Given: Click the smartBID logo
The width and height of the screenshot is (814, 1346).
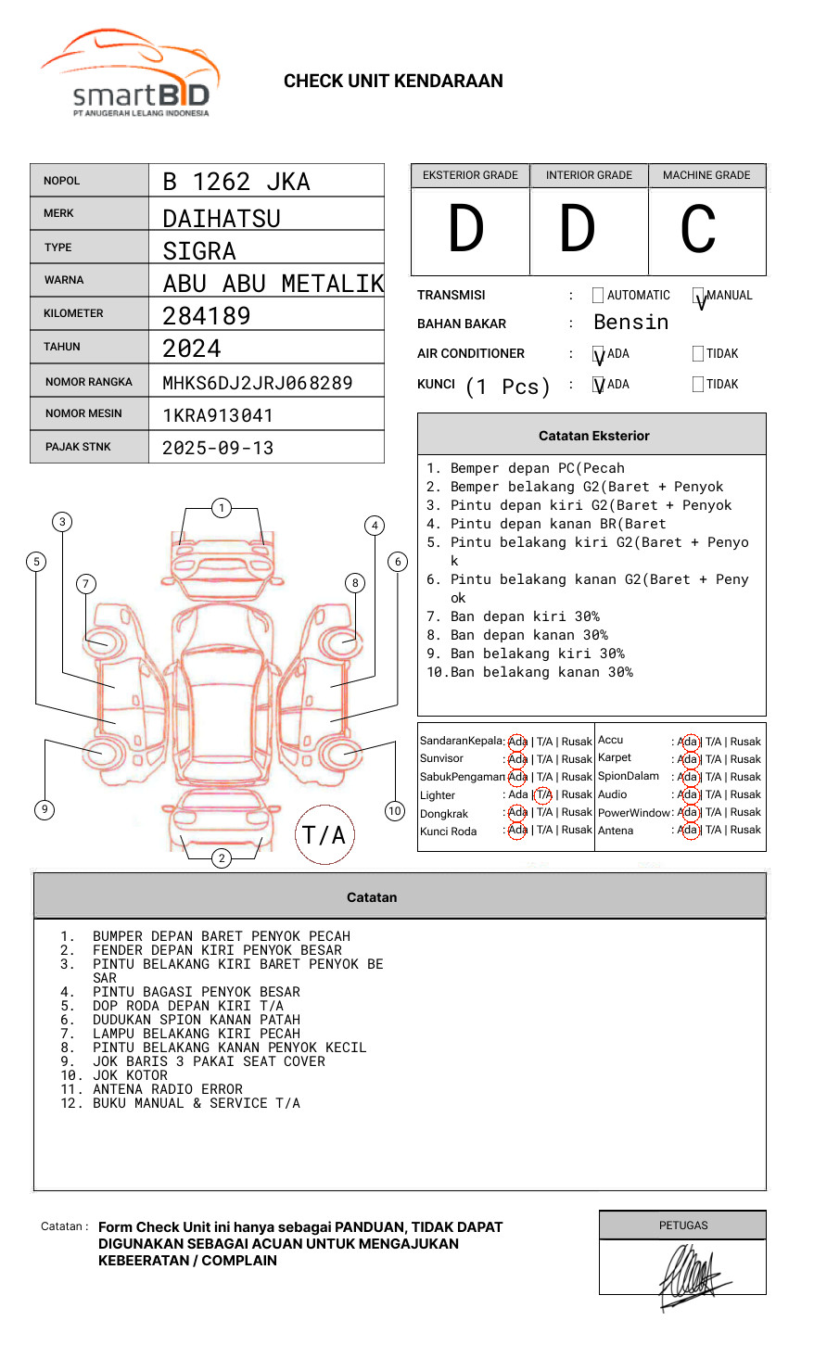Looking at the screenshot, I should click(130, 74).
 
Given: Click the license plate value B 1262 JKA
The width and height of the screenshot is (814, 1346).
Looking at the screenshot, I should click(236, 182).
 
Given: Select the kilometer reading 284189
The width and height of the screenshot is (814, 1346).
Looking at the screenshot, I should click(207, 316).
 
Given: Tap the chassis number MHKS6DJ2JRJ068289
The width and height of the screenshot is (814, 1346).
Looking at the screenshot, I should click(258, 383).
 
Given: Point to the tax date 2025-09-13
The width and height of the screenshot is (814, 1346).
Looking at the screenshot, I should click(218, 448).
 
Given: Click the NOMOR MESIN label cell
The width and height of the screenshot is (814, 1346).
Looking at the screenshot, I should click(89, 413).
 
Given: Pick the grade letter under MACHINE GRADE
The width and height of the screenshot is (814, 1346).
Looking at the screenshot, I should click(698, 229).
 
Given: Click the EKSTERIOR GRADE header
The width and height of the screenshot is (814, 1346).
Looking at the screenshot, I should click(470, 175).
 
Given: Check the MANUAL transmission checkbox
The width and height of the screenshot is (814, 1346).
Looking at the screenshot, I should click(698, 297).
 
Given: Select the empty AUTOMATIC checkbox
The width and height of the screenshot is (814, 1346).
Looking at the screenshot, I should click(598, 296).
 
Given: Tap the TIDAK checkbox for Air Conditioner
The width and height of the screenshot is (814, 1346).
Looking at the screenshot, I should click(698, 354).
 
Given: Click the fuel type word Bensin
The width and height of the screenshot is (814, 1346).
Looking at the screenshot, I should click(630, 323).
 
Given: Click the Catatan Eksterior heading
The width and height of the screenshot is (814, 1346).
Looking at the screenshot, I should click(593, 436).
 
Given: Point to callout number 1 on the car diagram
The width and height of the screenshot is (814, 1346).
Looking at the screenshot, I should click(221, 508).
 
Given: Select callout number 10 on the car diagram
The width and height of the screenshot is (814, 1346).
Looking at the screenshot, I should click(395, 811).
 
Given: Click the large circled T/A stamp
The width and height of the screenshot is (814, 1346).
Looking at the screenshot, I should click(324, 834).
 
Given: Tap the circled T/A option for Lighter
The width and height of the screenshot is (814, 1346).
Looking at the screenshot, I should click(543, 794).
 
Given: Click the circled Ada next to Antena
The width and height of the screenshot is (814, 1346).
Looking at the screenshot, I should click(688, 831).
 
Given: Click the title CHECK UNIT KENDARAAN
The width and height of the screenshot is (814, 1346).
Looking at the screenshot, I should click(393, 82).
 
